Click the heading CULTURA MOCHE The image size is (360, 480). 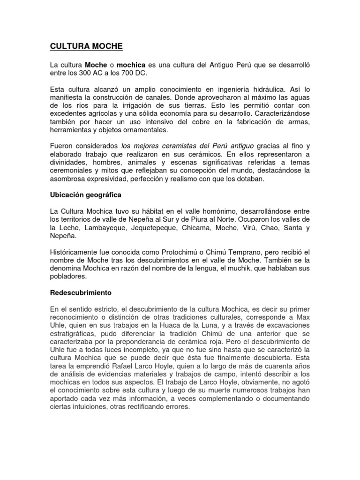86,46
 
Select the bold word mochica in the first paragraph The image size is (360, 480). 132,64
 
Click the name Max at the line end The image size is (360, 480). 303,316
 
